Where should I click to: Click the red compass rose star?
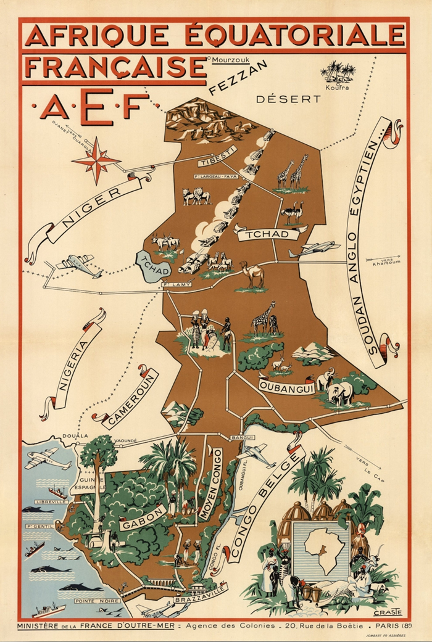pyautogui.click(x=96, y=160)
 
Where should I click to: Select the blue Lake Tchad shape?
pyautogui.click(x=149, y=267)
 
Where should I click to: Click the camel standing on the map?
pyautogui.click(x=252, y=276)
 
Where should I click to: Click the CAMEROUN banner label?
pyautogui.click(x=130, y=400)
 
